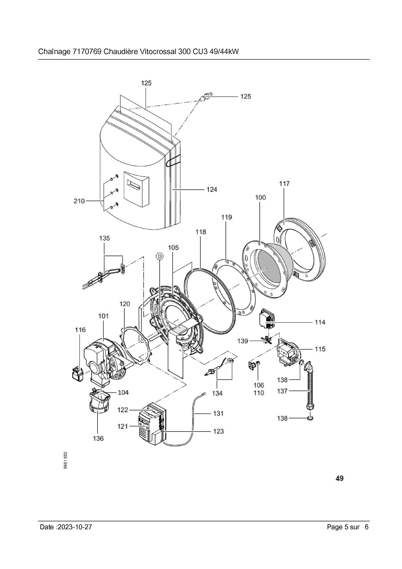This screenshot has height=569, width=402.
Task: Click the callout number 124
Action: (x=212, y=189)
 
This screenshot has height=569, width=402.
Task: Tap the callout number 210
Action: (x=79, y=201)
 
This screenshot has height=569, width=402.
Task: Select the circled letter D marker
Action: (x=160, y=257)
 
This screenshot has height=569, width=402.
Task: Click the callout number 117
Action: (x=284, y=184)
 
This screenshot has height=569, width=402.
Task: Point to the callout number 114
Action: (x=320, y=322)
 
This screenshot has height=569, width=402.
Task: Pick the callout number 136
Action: (x=98, y=438)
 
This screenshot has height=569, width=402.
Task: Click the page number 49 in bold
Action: (x=340, y=478)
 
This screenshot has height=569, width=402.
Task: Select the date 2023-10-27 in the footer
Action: (x=75, y=527)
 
